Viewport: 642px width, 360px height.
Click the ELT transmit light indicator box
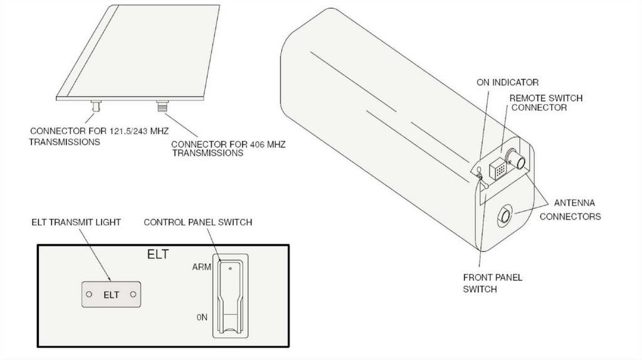click(x=111, y=294)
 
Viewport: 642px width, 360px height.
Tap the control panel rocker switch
click(x=231, y=295)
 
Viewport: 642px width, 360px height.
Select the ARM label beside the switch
click(x=202, y=267)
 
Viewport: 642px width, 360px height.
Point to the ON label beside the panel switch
click(x=202, y=317)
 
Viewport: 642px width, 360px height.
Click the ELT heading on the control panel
click(x=157, y=255)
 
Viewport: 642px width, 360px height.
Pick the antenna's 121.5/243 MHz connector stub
click(x=96, y=106)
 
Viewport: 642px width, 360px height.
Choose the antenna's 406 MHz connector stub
click(x=162, y=106)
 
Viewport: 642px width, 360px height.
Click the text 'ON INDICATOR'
click(x=507, y=82)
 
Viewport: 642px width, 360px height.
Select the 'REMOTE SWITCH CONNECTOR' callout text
click(x=545, y=103)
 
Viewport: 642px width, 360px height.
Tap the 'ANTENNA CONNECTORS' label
click(x=571, y=209)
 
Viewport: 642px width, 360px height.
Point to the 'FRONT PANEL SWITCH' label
click(x=493, y=283)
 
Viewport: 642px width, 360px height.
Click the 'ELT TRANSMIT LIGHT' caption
click(x=76, y=223)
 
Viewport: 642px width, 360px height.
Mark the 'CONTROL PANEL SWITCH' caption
click(x=197, y=223)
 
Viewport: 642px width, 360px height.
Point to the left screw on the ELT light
click(x=89, y=294)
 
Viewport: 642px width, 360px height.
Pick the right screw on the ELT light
click(x=133, y=294)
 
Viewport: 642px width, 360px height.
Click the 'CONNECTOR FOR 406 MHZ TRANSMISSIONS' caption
click(x=228, y=149)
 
